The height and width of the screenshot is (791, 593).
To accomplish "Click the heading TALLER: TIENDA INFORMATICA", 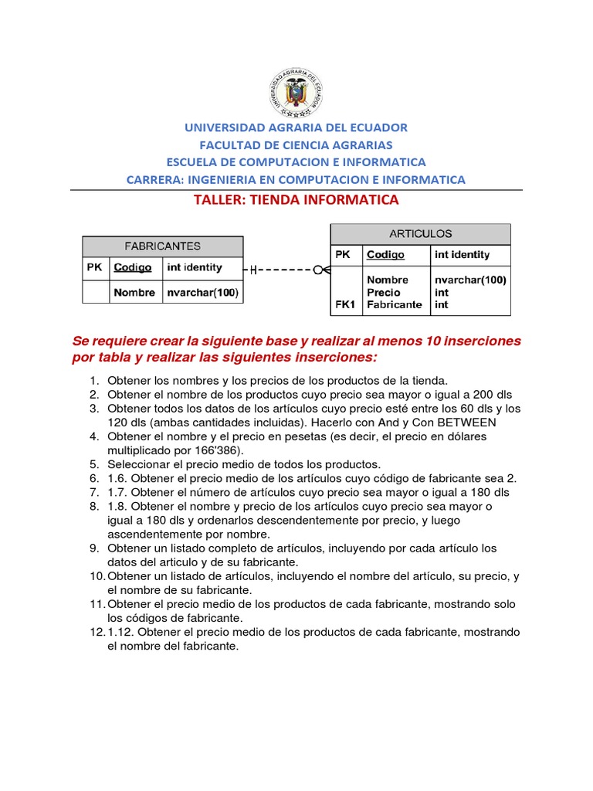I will click(x=296, y=200).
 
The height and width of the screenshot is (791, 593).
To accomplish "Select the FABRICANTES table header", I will click(x=162, y=246).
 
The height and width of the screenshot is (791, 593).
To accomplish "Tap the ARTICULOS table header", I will click(x=420, y=233).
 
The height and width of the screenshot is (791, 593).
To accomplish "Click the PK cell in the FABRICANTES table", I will click(x=95, y=267).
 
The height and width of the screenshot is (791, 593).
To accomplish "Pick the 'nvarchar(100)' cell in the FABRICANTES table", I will click(x=202, y=293).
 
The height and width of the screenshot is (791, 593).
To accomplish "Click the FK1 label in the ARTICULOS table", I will click(x=344, y=304).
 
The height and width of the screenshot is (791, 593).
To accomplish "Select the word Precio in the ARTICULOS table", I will click(x=384, y=293).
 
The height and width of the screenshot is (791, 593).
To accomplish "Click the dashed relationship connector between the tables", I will click(x=286, y=270).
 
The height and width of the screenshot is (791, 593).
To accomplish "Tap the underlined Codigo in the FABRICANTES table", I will click(x=133, y=267).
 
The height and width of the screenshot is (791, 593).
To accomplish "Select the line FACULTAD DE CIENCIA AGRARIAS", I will click(x=296, y=145).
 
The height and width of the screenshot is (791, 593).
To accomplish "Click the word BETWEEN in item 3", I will click(x=466, y=423).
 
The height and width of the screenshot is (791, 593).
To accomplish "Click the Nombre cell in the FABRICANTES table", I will click(x=134, y=293).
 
